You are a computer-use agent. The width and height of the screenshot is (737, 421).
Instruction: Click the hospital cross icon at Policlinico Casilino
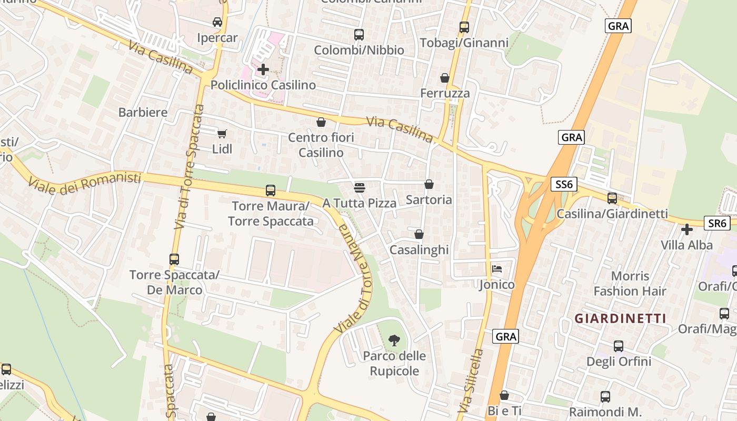pos(263,69)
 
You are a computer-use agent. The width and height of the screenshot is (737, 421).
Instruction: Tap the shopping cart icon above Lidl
pos(222,134)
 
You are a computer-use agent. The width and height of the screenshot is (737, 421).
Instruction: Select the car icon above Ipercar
pos(217,22)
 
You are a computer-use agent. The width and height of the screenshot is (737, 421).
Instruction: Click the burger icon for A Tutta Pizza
pos(360,187)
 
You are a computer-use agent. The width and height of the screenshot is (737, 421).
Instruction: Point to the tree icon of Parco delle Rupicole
pos(394,340)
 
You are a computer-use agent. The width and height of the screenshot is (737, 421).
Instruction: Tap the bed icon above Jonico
pos(497,269)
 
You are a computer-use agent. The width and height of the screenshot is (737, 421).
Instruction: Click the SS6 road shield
pos(564,184)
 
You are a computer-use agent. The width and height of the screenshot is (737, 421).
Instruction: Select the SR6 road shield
pos(717,223)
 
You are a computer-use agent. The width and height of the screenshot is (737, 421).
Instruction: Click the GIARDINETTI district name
pos(620,318)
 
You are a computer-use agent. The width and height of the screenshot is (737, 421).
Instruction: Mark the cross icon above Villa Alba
pos(687,229)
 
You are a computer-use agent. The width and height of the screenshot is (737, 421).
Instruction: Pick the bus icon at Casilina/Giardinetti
pos(612,198)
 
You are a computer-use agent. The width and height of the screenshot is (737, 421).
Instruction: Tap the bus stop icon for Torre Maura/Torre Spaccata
pos(271,190)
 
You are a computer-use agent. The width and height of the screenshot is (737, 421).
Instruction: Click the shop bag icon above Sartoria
pos(429,184)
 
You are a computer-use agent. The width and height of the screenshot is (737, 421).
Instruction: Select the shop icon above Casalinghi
pos(419,234)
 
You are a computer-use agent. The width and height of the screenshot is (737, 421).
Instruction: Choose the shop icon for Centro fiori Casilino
pos(321,122)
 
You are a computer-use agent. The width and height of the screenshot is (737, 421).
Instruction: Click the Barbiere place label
pos(143,112)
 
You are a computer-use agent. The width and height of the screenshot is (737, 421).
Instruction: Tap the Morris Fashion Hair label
pos(630,284)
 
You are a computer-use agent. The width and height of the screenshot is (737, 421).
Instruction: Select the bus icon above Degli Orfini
pos(619,346)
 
